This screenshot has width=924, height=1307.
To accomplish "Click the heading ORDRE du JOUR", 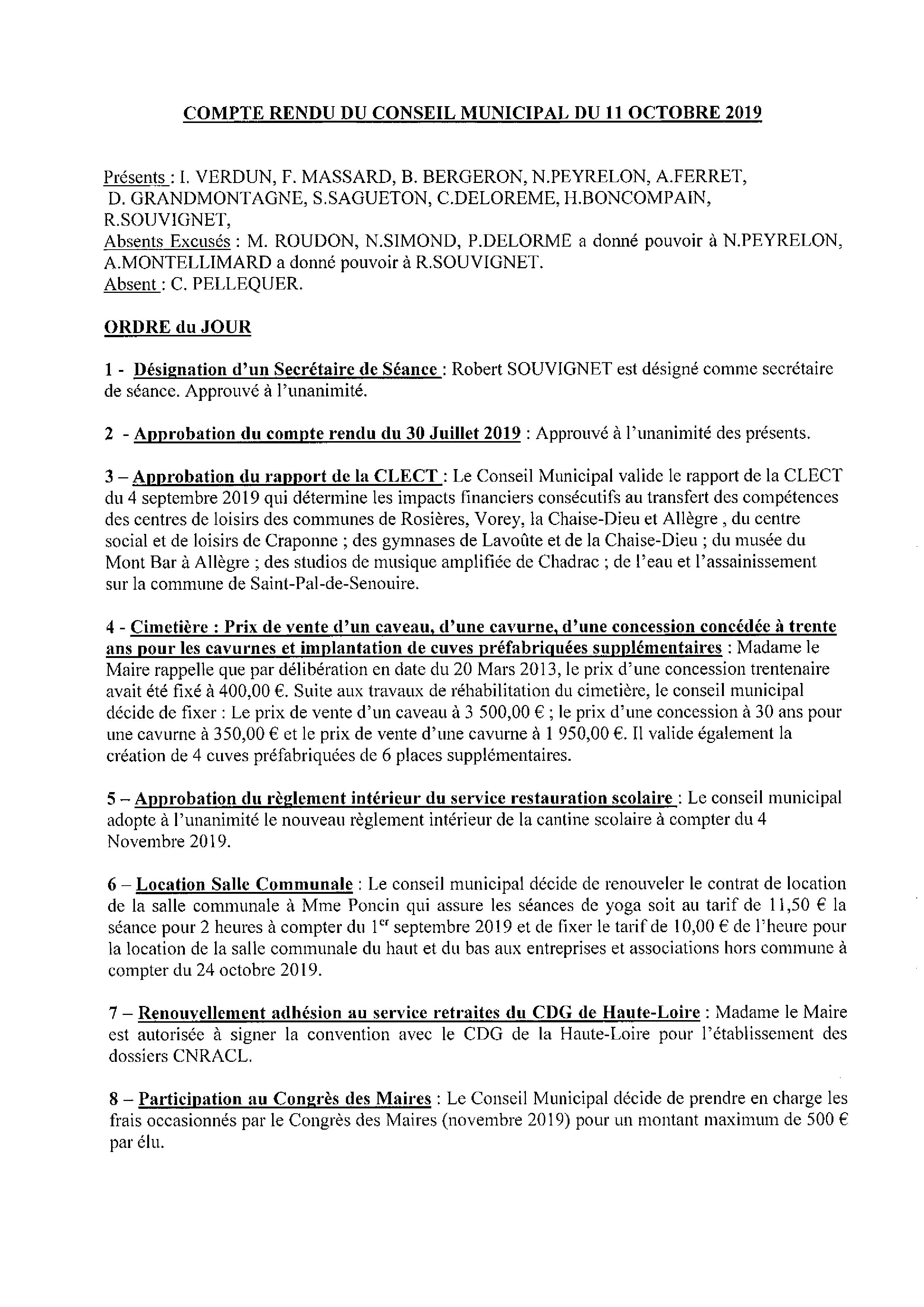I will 178,327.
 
